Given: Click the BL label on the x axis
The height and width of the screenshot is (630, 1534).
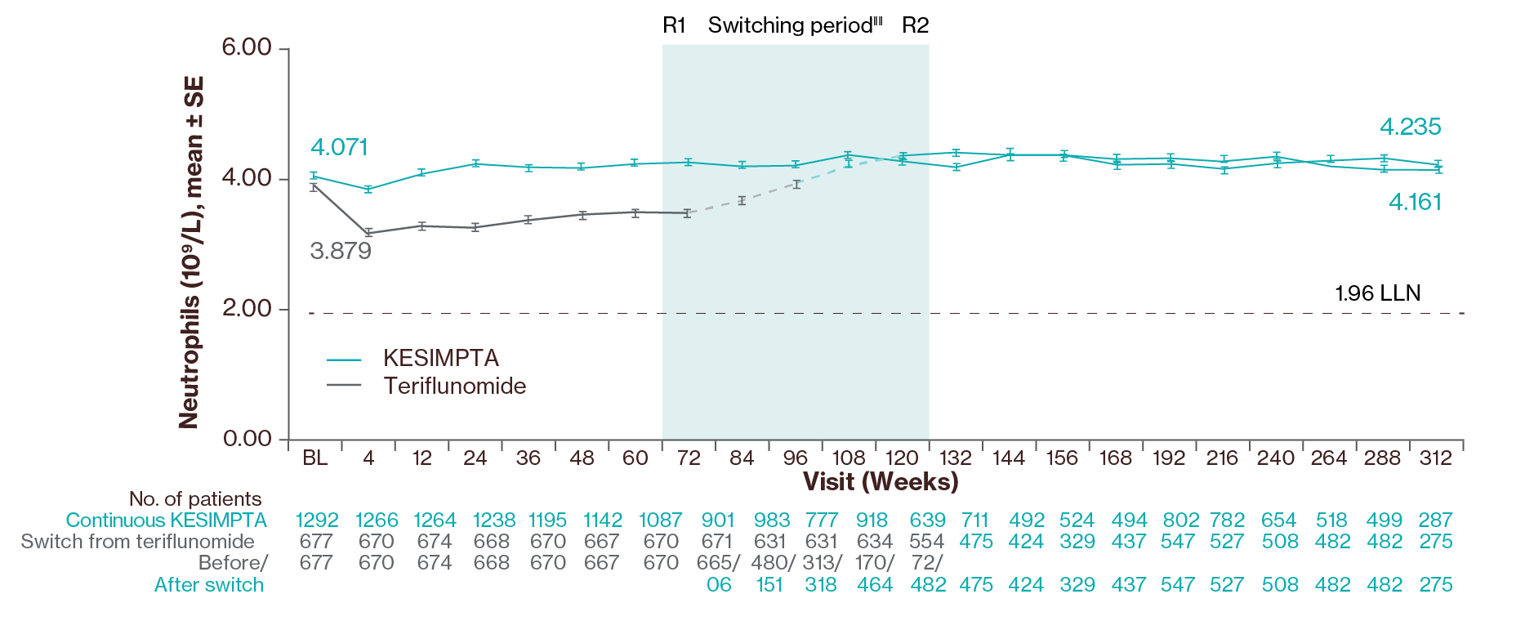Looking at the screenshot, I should tap(315, 458).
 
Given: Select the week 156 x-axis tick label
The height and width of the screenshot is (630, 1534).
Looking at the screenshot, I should tap(1062, 458).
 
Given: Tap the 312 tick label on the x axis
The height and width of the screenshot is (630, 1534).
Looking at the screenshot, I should tap(1435, 458).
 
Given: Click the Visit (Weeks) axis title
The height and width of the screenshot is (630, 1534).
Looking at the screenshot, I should tap(880, 481).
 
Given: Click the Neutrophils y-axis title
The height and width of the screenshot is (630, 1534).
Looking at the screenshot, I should tap(191, 252).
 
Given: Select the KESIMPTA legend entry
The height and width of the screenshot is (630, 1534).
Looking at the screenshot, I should tap(441, 359).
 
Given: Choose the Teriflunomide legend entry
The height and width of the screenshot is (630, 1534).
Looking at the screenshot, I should tap(455, 386).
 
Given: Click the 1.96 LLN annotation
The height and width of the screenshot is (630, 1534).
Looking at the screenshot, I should tap(1377, 293).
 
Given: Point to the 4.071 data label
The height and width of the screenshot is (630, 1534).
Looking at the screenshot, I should tap(339, 148).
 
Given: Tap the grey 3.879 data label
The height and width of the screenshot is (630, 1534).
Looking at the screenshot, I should tap(341, 251).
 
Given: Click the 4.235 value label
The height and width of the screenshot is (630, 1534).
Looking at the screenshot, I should tap(1410, 127).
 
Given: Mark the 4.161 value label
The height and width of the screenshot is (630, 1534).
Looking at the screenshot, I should tap(1415, 203).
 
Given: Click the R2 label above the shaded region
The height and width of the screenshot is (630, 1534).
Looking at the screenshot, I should tap(915, 26).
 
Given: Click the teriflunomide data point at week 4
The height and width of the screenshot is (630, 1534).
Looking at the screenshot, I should tap(368, 233).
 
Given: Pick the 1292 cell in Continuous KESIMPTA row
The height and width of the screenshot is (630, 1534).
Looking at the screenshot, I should tap(317, 521).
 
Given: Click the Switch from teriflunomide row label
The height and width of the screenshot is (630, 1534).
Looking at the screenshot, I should tap(137, 542).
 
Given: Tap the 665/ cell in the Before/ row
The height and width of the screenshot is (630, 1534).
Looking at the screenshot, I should tap(718, 563).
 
